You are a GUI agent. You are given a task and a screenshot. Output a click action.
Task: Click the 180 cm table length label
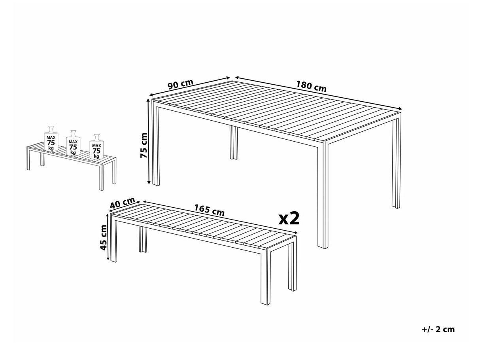311,87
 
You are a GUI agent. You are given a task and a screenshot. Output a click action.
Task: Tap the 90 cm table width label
180,85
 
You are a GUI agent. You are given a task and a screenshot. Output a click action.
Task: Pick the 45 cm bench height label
104,237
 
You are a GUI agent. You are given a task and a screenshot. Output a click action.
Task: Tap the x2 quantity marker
289,218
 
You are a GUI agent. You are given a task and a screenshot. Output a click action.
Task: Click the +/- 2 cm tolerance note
438,330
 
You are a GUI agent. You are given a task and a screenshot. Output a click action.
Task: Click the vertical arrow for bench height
108,237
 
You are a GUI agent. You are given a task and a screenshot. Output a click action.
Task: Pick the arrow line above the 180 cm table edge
318,93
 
